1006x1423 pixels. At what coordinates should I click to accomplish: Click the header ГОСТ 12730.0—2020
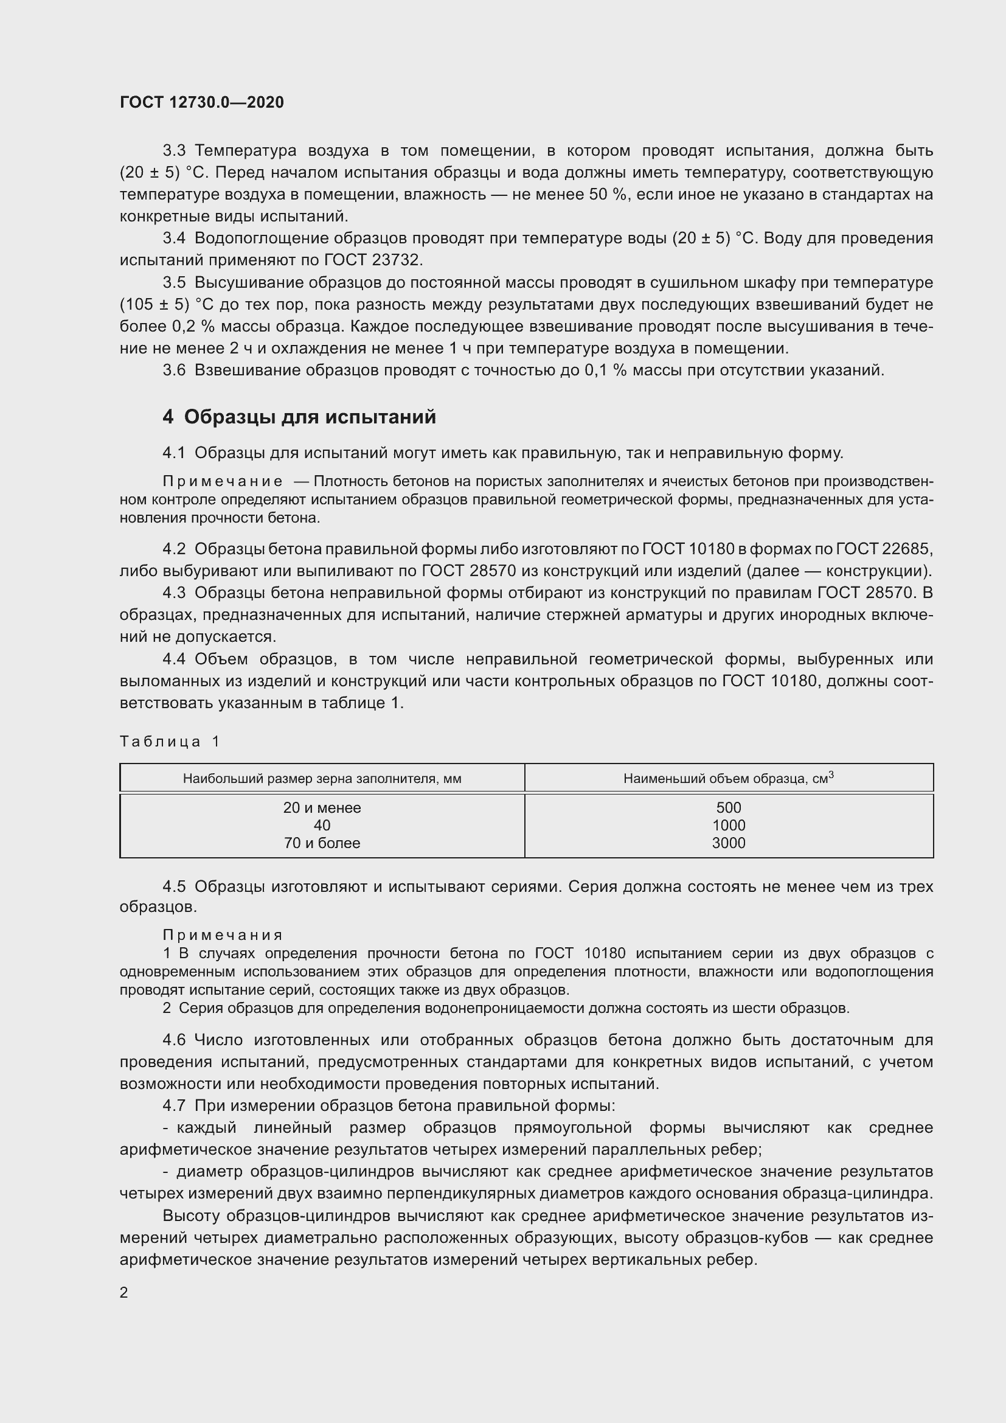(x=201, y=102)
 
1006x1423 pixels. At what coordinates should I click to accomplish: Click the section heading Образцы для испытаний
(x=310, y=417)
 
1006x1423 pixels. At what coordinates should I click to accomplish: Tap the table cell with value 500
(x=729, y=807)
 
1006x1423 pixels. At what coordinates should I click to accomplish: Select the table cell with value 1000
(x=729, y=825)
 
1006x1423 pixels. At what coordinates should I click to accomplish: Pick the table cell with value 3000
(x=729, y=843)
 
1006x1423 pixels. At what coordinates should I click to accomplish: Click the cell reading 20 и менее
(x=322, y=807)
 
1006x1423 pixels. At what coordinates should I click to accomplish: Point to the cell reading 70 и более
(x=322, y=843)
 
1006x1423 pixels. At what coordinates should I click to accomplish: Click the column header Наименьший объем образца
(x=729, y=778)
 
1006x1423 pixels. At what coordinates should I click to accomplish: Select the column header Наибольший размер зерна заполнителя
(x=322, y=779)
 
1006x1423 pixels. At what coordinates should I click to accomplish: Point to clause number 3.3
(x=174, y=151)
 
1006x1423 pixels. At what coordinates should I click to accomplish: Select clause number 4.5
(x=174, y=887)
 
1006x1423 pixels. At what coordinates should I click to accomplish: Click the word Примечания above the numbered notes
(x=223, y=934)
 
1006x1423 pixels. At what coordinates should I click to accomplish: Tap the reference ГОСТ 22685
(x=883, y=549)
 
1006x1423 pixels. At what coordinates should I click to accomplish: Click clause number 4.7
(x=174, y=1105)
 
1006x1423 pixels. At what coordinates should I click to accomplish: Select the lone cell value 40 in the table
(x=322, y=825)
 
